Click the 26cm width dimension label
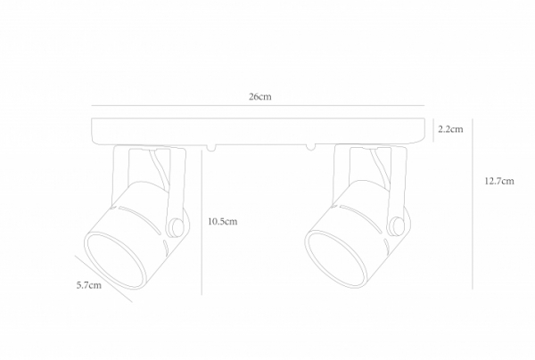tap(259, 96)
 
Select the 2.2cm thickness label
tap(450, 130)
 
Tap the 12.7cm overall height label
tap(498, 181)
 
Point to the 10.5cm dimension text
tap(221, 221)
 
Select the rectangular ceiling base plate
tap(259, 130)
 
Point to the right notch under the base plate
tap(309, 146)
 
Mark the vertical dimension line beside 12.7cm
tap(473, 205)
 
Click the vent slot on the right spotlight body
tap(366, 220)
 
